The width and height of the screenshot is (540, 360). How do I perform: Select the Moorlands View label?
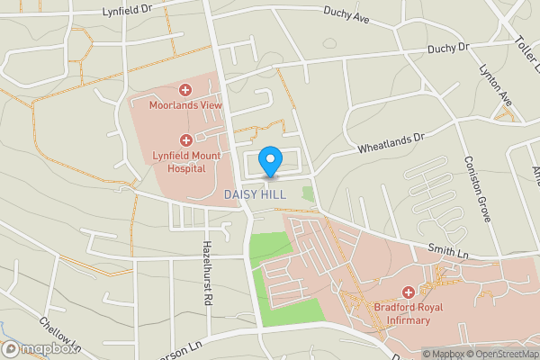[x=185, y=105]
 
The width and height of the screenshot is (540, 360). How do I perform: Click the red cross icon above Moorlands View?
[x=185, y=90]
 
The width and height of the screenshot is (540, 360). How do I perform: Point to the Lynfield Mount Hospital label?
[x=186, y=161]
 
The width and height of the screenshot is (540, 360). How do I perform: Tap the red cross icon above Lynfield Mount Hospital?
[x=186, y=140]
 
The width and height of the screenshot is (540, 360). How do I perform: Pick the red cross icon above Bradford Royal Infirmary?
[x=408, y=292]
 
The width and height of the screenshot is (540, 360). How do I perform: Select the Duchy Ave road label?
[x=347, y=13]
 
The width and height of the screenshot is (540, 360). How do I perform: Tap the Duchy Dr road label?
[x=449, y=48]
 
